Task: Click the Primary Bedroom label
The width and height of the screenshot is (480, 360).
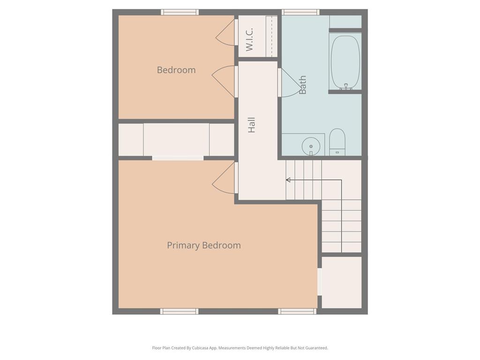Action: pyautogui.click(x=204, y=245)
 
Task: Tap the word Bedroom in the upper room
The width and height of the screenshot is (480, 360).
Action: pyautogui.click(x=176, y=70)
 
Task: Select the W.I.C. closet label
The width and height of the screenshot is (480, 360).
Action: pyautogui.click(x=249, y=39)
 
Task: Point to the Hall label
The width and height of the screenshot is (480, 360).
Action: pyautogui.click(x=252, y=125)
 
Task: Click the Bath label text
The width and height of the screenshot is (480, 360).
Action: pyautogui.click(x=302, y=85)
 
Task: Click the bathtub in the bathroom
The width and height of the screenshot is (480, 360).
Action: pyautogui.click(x=345, y=62)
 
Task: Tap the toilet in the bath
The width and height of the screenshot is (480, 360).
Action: pyautogui.click(x=337, y=142)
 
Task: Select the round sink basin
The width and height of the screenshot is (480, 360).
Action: pyautogui.click(x=311, y=146)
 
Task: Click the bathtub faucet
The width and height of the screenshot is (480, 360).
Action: pyautogui.click(x=346, y=87)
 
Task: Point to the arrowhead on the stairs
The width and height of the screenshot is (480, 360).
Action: pyautogui.click(x=288, y=180)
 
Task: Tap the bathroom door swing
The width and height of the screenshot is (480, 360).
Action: pyautogui.click(x=290, y=82)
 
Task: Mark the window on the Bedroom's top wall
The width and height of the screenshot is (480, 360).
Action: pyautogui.click(x=180, y=12)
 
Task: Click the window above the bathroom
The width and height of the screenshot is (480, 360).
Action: pyautogui.click(x=300, y=12)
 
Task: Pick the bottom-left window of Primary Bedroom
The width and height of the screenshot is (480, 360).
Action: pyautogui.click(x=180, y=311)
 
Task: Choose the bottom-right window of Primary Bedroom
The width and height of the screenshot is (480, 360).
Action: pyautogui.click(x=297, y=311)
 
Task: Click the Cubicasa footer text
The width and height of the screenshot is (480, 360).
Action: pyautogui.click(x=240, y=348)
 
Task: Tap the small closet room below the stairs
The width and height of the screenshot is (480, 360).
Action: pyautogui.click(x=342, y=282)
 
